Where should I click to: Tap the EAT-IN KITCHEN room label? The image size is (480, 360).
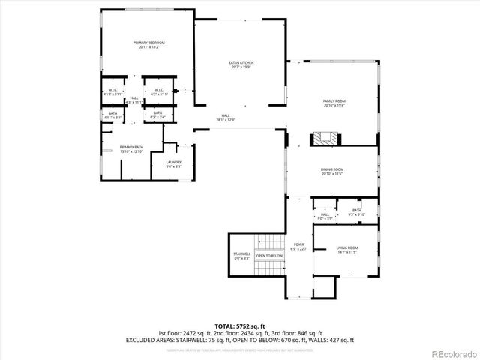(x=241, y=64)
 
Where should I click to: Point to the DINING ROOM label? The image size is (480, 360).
(x=331, y=172)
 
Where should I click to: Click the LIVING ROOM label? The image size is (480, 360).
(x=346, y=250)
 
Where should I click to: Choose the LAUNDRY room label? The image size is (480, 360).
(x=173, y=164)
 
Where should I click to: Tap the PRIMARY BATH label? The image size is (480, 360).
(x=131, y=149)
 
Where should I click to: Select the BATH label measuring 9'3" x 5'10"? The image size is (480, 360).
(x=356, y=212)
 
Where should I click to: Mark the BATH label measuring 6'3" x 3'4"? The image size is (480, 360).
(x=158, y=115)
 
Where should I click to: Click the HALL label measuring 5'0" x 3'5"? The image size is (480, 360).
(x=325, y=217)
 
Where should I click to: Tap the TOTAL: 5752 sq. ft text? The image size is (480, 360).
(x=239, y=325)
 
